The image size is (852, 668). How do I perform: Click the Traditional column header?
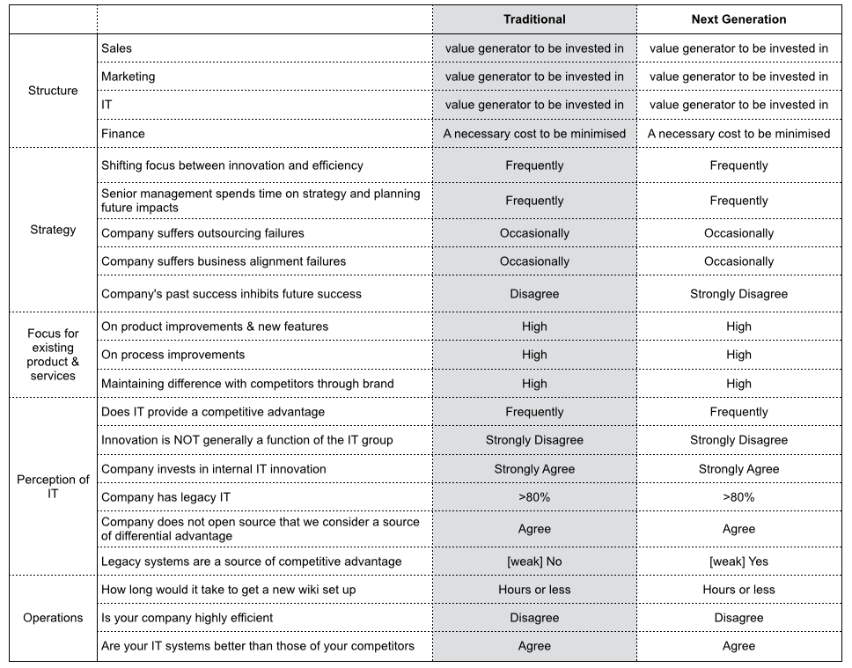(x=534, y=19)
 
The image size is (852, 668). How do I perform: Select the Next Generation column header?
(x=738, y=19)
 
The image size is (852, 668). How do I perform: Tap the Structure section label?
(x=53, y=91)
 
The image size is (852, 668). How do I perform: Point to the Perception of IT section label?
(x=53, y=487)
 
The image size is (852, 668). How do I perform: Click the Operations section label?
(x=53, y=618)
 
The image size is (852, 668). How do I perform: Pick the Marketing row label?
(x=129, y=77)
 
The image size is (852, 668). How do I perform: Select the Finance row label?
(x=123, y=134)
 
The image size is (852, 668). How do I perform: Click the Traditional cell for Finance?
(x=534, y=134)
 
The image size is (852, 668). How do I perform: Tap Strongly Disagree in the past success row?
(x=738, y=294)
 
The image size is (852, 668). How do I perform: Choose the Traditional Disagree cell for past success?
(x=534, y=294)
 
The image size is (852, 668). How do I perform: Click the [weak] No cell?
(x=534, y=562)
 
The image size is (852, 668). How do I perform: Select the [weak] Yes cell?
(x=738, y=562)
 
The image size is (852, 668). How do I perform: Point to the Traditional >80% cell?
(x=534, y=497)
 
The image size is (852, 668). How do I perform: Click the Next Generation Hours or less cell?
(x=738, y=590)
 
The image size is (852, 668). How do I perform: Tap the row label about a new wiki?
(x=229, y=590)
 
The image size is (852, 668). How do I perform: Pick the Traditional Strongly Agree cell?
(x=534, y=469)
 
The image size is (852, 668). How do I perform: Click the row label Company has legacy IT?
(x=166, y=497)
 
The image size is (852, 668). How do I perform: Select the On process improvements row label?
(x=173, y=355)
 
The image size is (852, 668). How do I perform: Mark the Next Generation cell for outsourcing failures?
(x=738, y=233)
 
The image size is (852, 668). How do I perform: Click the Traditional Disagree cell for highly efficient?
(x=534, y=618)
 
